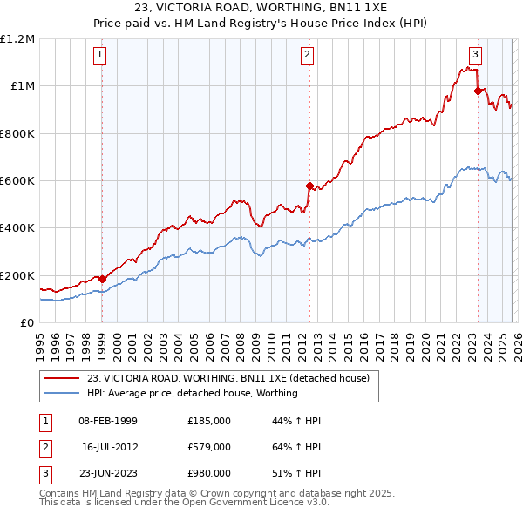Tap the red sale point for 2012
309,186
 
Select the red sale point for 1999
102,279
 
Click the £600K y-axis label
19,181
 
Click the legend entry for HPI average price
192,393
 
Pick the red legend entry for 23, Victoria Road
228,378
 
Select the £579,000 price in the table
208,447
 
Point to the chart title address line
261,10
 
